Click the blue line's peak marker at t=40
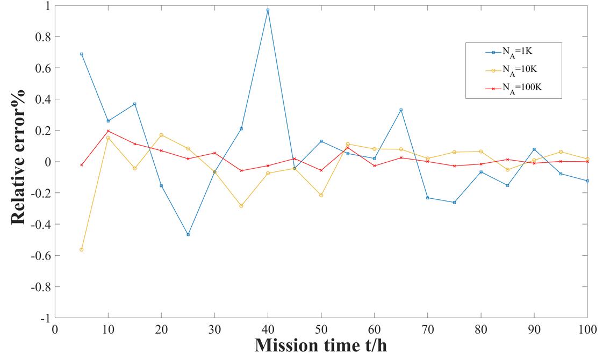(x=268, y=10)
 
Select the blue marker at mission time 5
(x=82, y=54)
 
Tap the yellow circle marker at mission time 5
(x=82, y=249)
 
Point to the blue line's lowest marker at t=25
(x=188, y=234)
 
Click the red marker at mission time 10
(x=108, y=131)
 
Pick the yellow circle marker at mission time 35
(x=241, y=206)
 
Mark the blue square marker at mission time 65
(x=401, y=110)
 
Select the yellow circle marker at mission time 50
(x=321, y=195)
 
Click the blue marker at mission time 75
(x=454, y=202)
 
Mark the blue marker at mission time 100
(x=587, y=181)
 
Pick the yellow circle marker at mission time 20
(x=161, y=135)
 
